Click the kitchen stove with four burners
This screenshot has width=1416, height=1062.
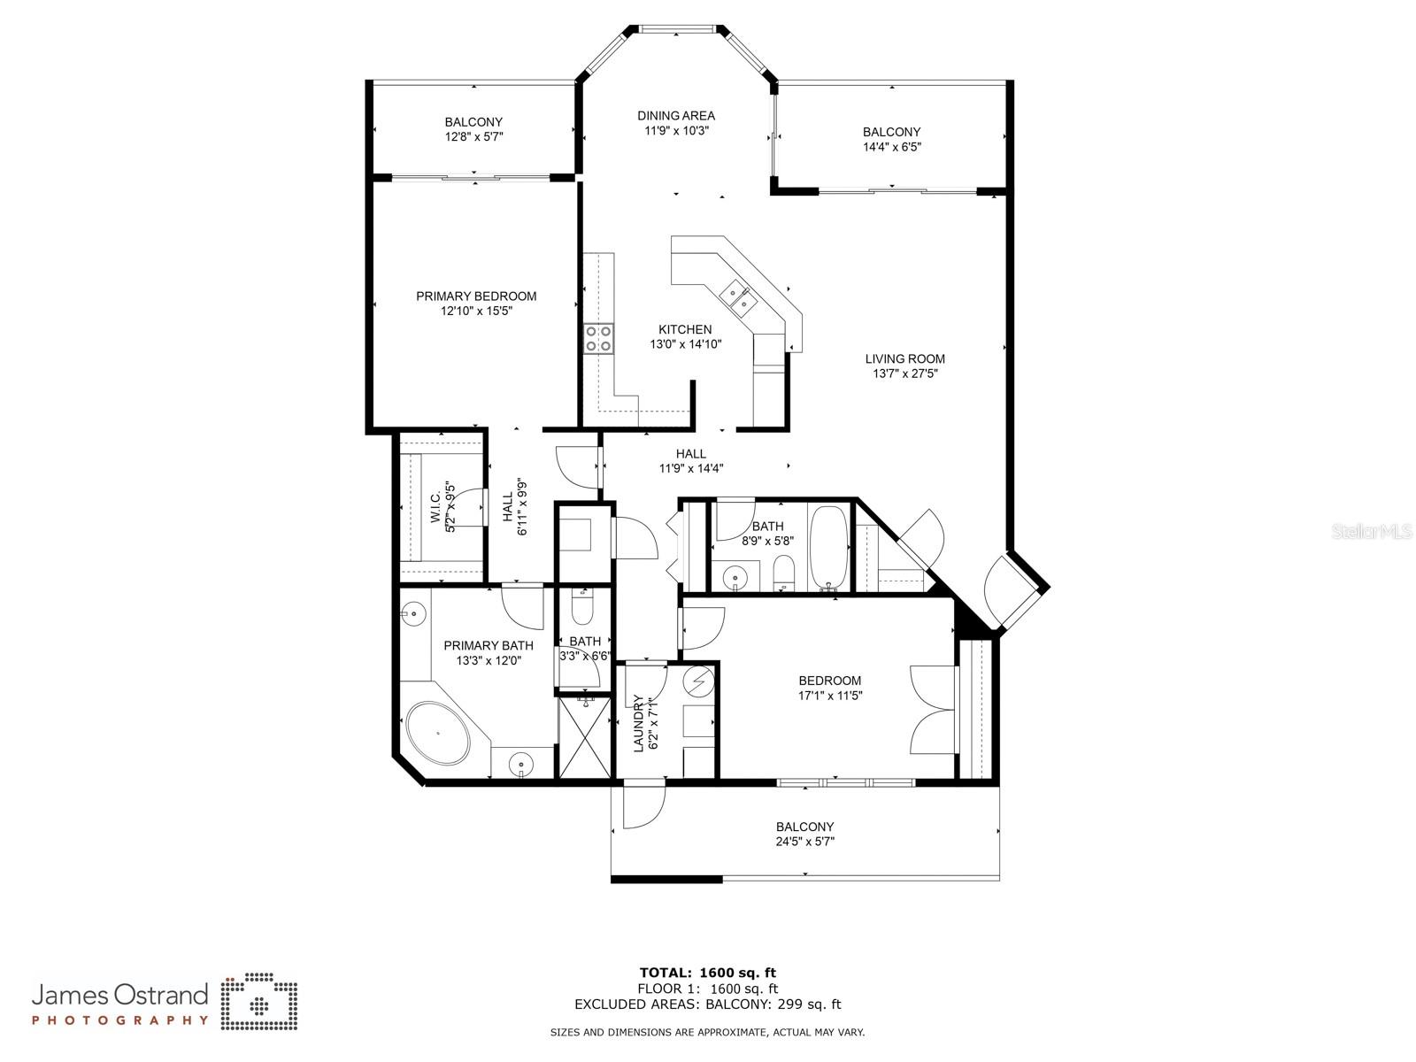click(x=598, y=339)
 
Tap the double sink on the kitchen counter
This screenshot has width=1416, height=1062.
click(x=738, y=298)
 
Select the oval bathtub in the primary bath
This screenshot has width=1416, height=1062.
click(x=438, y=733)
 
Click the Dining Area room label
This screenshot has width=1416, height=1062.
click(x=676, y=115)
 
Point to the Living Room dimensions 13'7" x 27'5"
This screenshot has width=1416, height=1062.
click(x=905, y=373)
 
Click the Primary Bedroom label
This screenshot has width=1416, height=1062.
click(x=476, y=296)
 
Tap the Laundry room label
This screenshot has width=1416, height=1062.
click(x=639, y=723)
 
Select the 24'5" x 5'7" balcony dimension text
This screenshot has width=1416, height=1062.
click(x=805, y=841)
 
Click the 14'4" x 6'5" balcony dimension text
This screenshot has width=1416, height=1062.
click(x=892, y=146)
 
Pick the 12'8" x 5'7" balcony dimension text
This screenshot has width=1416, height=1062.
click(x=473, y=136)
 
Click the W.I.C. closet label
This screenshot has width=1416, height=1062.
click(x=435, y=506)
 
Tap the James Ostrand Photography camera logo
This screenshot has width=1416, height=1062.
click(x=259, y=1001)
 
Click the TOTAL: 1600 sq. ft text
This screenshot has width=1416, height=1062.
click(x=708, y=973)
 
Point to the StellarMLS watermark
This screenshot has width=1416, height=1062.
click(x=1372, y=531)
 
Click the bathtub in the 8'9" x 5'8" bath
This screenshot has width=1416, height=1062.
click(x=829, y=548)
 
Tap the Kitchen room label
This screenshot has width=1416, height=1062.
click(x=685, y=329)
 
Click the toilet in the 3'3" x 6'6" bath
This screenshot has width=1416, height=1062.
click(x=581, y=606)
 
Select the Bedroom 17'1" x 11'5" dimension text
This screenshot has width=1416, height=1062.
click(x=830, y=695)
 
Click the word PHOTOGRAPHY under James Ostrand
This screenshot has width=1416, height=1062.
click(x=120, y=1020)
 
